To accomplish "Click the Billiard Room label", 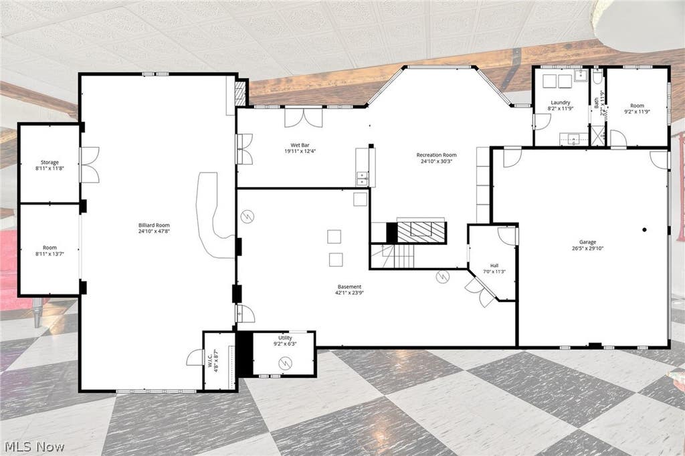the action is tap(154, 225).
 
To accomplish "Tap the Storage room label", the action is tap(50, 162).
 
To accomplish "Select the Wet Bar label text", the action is tap(300, 146).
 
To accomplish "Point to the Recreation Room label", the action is tap(436, 154).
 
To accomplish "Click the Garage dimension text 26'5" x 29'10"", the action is tap(587, 249).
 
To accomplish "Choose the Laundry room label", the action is tap(561, 103).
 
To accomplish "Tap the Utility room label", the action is tap(285, 338).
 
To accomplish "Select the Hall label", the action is tap(494, 265).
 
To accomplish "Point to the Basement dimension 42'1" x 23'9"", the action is tap(349, 293).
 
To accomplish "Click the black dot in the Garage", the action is tap(644, 230).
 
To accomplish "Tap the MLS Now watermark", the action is tap(35, 447).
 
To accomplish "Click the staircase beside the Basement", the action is tap(392, 256).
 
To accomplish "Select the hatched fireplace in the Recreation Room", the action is tap(421, 232).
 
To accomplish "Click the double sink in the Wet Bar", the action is tap(362, 179).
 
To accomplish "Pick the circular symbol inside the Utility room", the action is tap(286, 362).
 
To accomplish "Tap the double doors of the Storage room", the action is tap(90, 164).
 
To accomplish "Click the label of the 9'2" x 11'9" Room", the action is tap(638, 105).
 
